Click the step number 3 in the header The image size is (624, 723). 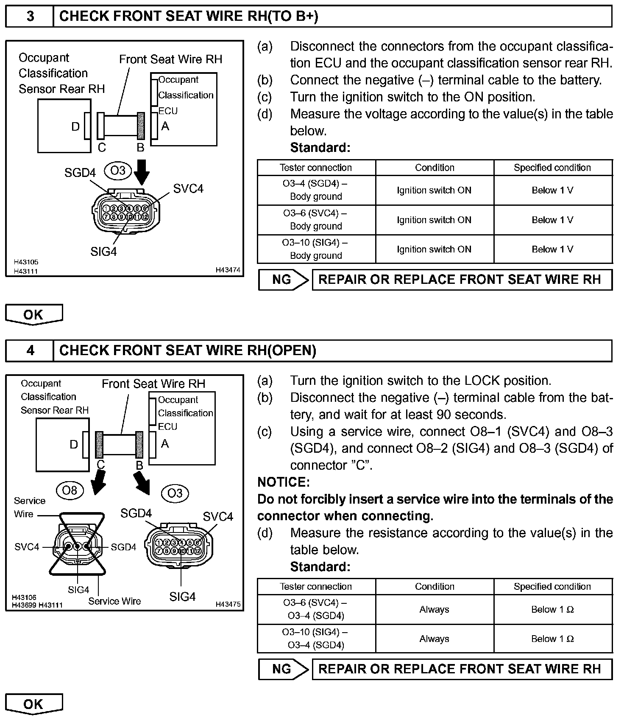[x=30, y=16]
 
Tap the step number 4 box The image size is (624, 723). [x=30, y=350]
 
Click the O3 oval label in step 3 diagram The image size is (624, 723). [x=118, y=171]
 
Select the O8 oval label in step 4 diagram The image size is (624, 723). [x=70, y=490]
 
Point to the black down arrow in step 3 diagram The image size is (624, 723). [x=141, y=171]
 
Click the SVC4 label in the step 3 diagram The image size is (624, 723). [x=188, y=188]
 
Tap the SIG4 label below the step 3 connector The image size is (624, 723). [x=103, y=252]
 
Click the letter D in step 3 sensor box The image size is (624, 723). [x=75, y=126]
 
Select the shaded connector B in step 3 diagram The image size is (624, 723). [x=141, y=126]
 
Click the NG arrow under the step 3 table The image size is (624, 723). [x=283, y=280]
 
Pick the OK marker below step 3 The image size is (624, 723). [x=33, y=315]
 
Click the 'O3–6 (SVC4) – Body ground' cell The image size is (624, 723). [x=316, y=220]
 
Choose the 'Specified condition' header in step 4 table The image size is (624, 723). [x=552, y=586]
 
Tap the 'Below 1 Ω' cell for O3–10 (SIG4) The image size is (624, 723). [x=552, y=639]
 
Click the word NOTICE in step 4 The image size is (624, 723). [x=284, y=482]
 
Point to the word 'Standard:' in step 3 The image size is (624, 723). [x=320, y=148]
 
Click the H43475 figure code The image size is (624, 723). [x=228, y=604]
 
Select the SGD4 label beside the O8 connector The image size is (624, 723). [x=123, y=547]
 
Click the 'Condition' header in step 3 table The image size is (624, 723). [x=434, y=168]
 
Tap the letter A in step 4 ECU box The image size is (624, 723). [x=165, y=444]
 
